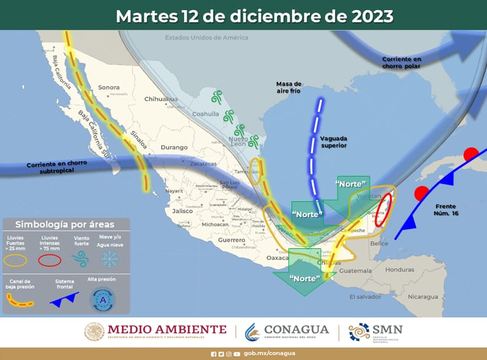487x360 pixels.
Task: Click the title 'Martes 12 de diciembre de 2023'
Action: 254,15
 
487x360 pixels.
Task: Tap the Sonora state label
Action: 109,87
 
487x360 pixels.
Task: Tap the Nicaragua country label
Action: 422,297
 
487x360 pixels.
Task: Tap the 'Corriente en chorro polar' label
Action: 401,62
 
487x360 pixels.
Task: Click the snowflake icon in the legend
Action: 109,259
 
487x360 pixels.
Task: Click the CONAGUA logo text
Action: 297,330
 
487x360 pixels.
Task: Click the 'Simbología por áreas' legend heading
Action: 65,224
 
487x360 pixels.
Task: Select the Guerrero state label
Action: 231,240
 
